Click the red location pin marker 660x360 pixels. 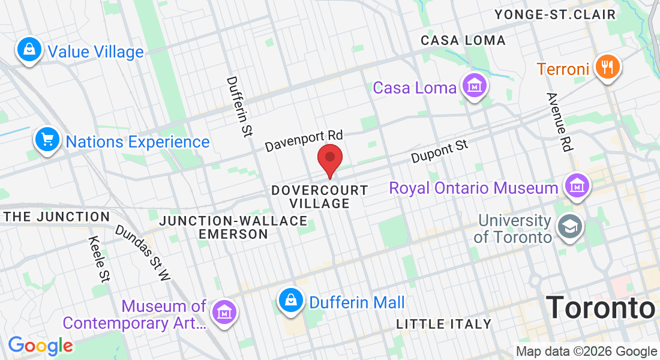click(x=329, y=157)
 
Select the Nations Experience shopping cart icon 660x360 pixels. click(x=47, y=139)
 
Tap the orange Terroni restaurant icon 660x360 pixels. click(x=607, y=67)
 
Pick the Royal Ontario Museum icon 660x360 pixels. click(x=577, y=186)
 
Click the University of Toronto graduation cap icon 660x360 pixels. click(x=568, y=227)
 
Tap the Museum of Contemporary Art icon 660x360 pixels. click(x=224, y=313)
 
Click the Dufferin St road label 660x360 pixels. click(x=239, y=107)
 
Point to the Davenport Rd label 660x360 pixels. click(x=304, y=140)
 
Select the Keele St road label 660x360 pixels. click(x=99, y=259)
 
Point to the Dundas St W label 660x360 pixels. click(x=143, y=253)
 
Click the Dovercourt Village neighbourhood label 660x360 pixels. click(x=320, y=197)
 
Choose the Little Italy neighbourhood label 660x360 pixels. click(x=444, y=324)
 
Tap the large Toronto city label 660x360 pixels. click(x=601, y=307)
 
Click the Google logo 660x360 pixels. click(x=40, y=346)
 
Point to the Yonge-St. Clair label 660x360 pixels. click(x=555, y=14)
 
